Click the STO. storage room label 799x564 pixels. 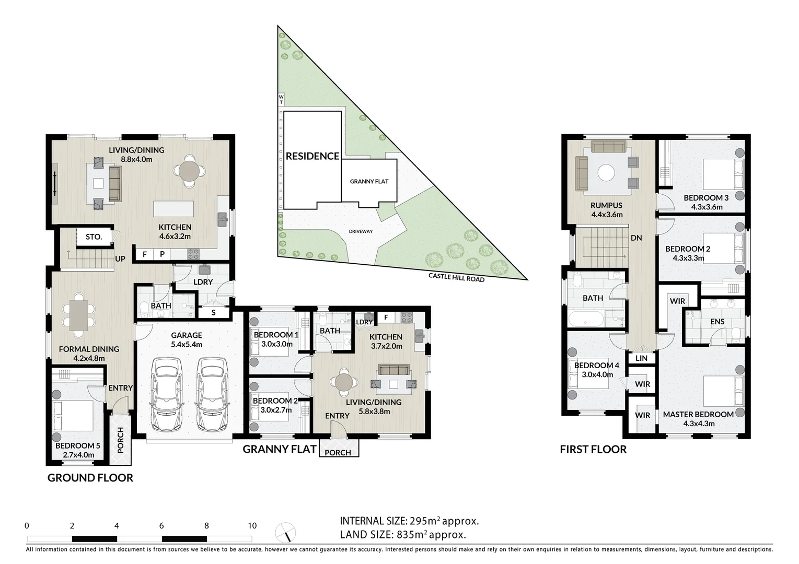[x=94, y=237]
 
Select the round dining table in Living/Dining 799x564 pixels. [x=189, y=170]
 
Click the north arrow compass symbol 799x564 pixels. [x=285, y=532]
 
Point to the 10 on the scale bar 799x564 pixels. [x=252, y=526]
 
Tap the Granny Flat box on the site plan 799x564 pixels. [x=369, y=181]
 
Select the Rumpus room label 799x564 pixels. [x=606, y=206]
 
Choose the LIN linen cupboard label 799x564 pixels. [x=642, y=358]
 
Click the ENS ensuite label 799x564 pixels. [x=717, y=322]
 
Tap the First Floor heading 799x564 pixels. [x=593, y=450]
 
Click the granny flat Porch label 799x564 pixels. [x=338, y=453]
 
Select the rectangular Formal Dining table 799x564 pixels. [x=79, y=315]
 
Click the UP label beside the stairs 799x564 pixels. [x=120, y=259]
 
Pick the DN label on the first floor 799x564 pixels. [x=636, y=238]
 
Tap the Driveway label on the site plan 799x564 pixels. [x=361, y=231]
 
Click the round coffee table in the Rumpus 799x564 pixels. [x=606, y=173]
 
